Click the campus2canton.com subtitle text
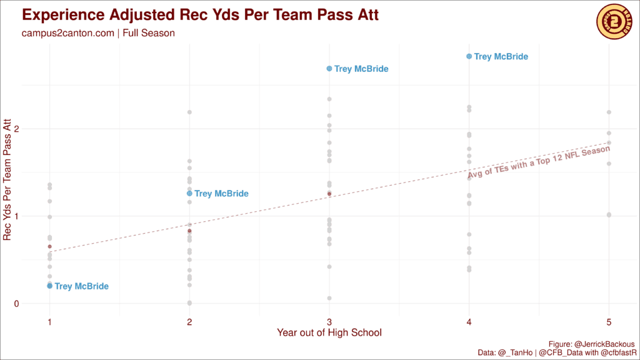coord(98,33)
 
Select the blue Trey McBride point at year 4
coord(469,56)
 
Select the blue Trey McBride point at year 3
coord(329,69)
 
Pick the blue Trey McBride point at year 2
coord(189,194)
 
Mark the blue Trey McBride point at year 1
coord(49,286)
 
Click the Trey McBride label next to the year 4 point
coord(501,57)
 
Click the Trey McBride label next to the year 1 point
coord(82,286)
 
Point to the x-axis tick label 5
coord(609,321)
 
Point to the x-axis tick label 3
coord(329,321)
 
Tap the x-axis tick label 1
coord(49,321)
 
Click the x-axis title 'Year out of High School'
coord(329,332)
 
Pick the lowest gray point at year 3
coord(329,298)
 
